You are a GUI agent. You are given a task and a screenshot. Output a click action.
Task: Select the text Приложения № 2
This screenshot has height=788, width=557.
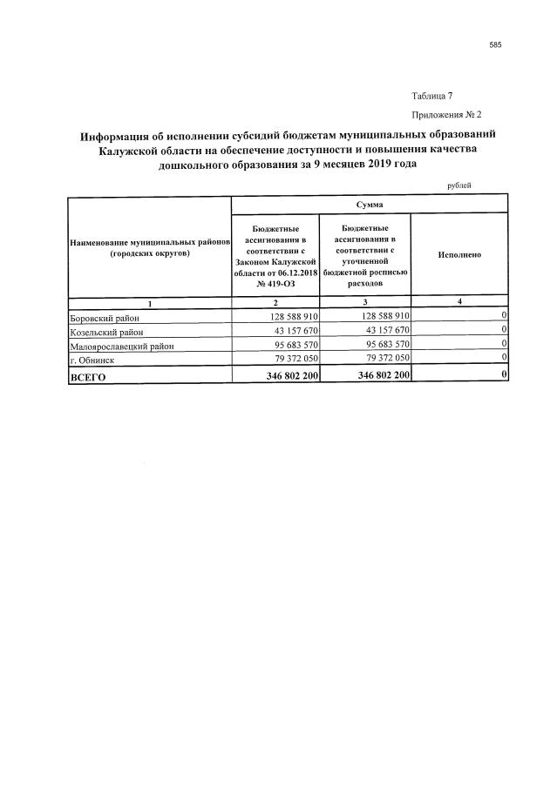(x=445, y=114)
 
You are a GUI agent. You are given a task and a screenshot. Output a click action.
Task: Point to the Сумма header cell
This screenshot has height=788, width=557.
(x=370, y=204)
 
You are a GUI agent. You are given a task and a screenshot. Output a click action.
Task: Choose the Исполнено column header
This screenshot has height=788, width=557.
(x=459, y=255)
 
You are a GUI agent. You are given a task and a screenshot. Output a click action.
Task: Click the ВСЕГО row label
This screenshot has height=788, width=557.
(x=87, y=376)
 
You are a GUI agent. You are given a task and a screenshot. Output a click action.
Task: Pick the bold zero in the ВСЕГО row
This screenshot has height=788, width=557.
(x=504, y=375)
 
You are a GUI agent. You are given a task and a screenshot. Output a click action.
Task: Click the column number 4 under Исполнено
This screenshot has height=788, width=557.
(x=459, y=302)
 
